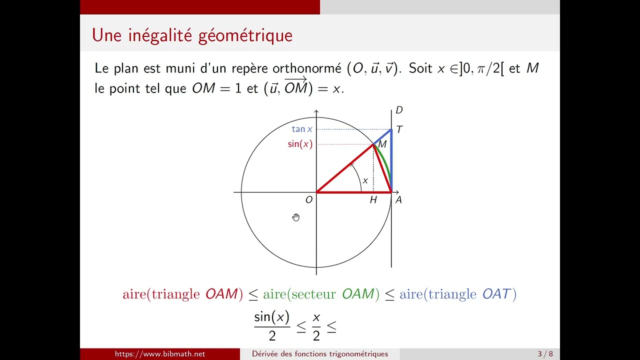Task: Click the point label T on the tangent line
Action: pos(399,129)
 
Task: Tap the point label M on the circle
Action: pos(382,144)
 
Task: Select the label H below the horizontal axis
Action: pos(373,200)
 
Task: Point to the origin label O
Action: pos(308,200)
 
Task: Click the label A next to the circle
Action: pos(398,200)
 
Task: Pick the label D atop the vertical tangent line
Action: pos(399,110)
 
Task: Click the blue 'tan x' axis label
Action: pos(302,129)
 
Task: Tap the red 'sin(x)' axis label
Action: pos(300,144)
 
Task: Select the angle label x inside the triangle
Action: pos(365,180)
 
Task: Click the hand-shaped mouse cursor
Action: pos(296,217)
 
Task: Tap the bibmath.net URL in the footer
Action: pos(160,354)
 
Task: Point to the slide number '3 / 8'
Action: pos(545,354)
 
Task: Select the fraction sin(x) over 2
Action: pos(271,326)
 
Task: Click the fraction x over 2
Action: pos(316,326)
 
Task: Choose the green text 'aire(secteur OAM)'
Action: pos(318,294)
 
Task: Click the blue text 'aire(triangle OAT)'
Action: pos(457,294)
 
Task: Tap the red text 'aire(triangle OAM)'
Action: pos(182,294)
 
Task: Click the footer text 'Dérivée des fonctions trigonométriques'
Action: pos(320,354)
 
